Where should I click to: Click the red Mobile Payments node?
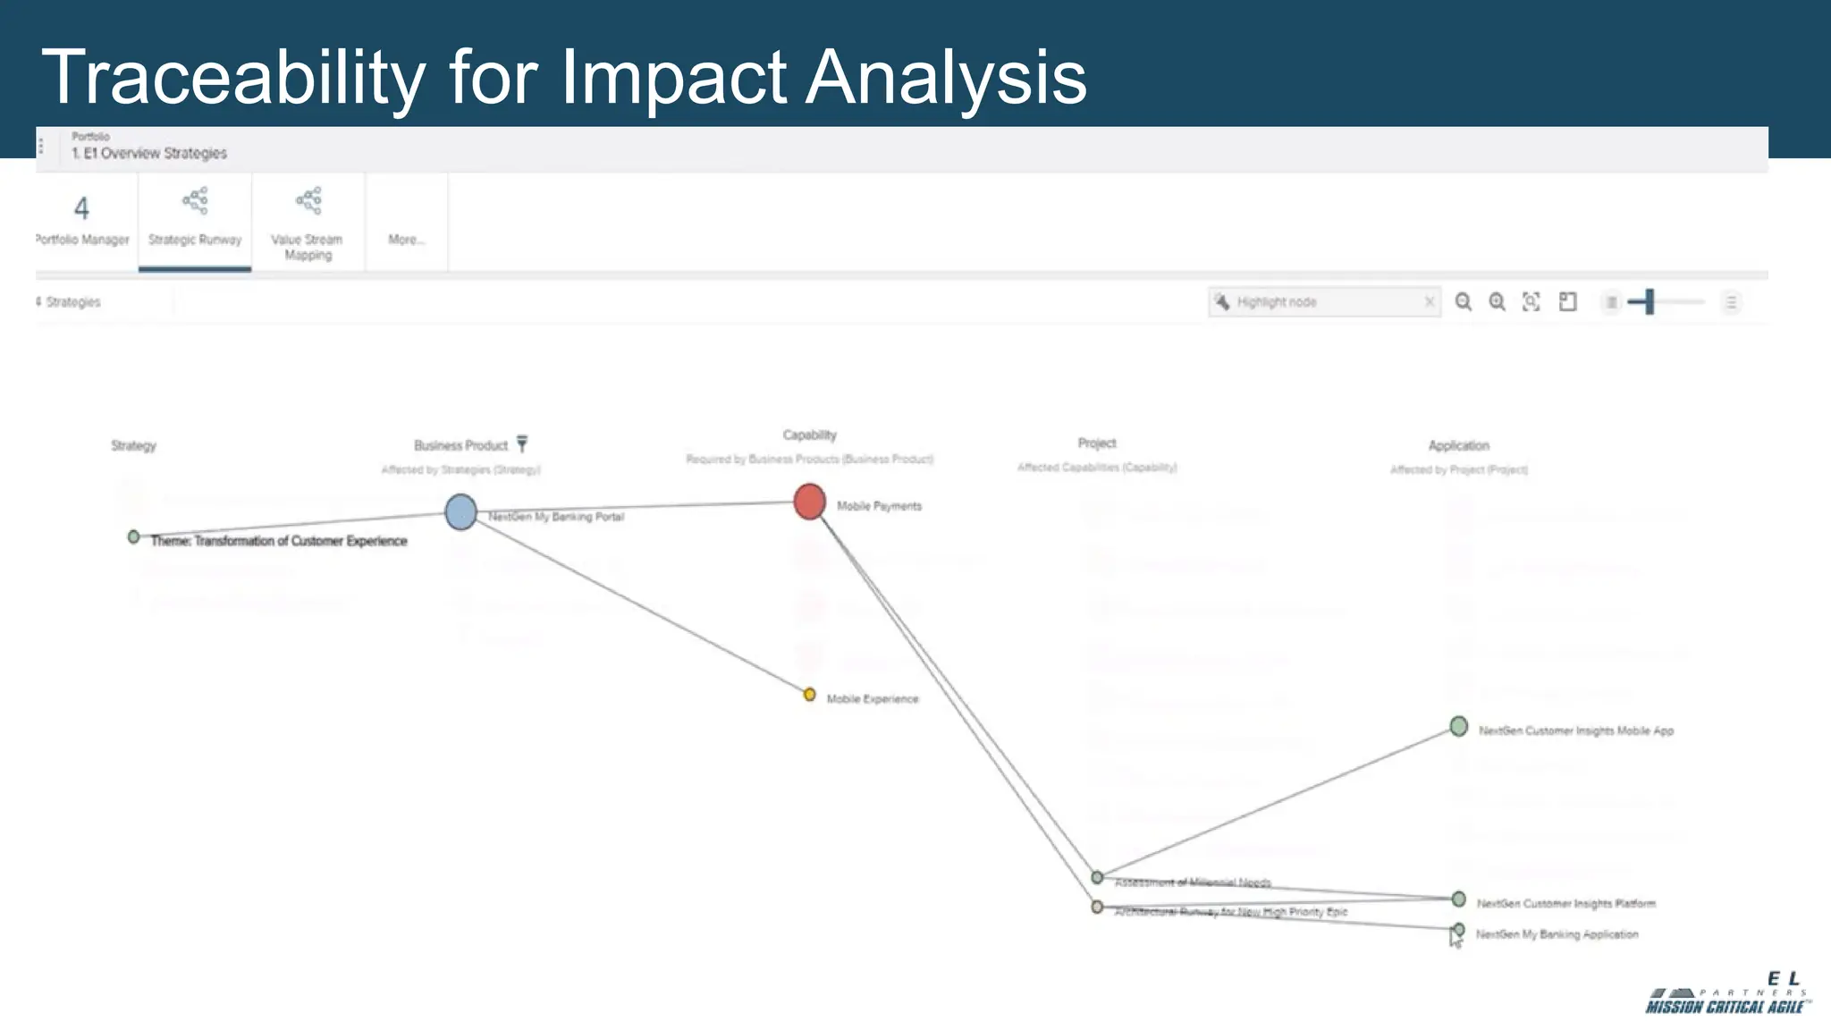(809, 502)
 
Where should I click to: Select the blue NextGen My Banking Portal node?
(460, 512)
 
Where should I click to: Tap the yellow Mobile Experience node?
(809, 695)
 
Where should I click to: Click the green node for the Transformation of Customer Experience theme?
(133, 537)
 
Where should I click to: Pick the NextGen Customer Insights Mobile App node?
(1458, 726)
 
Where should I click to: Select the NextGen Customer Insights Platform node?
(1458, 899)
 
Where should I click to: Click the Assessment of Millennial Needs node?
(1097, 878)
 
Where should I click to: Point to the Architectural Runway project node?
(1097, 908)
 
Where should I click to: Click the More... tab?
(407, 239)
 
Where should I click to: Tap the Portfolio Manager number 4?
(81, 208)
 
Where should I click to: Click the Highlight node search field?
(1323, 302)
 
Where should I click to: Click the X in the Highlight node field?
(1429, 302)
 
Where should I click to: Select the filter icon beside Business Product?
(522, 443)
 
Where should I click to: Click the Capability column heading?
(809, 435)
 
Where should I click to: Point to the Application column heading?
(1458, 445)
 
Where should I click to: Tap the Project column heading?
(1096, 443)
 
